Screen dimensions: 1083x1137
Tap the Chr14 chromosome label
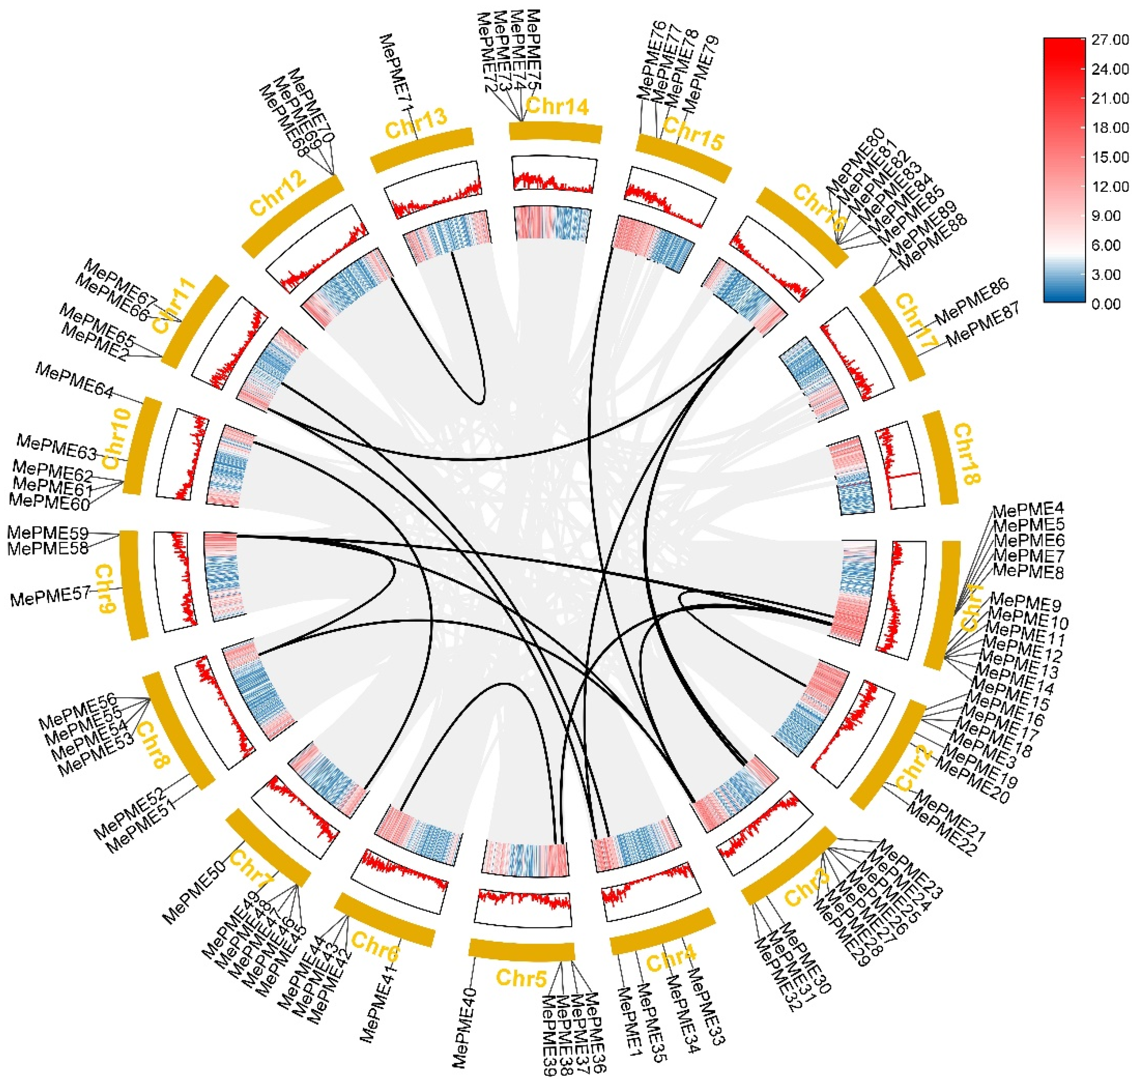[557, 106]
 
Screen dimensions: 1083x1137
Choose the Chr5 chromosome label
[521, 978]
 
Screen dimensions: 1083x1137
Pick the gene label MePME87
[983, 323]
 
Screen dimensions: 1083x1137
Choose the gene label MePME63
[57, 446]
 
